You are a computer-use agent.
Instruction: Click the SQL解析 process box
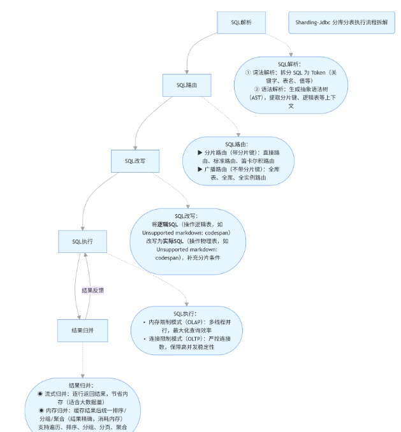click(x=241, y=22)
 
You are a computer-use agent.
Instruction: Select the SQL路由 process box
click(x=187, y=85)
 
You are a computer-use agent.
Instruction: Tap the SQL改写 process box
click(x=135, y=161)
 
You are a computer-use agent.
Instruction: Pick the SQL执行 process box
click(x=82, y=241)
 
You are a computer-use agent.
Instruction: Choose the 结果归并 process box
click(x=82, y=330)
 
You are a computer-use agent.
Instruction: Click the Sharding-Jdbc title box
click(x=341, y=22)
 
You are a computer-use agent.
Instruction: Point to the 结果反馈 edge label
click(x=93, y=290)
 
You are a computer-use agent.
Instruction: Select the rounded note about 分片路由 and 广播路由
click(x=237, y=161)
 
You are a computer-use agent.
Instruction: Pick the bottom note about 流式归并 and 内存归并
click(x=82, y=406)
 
